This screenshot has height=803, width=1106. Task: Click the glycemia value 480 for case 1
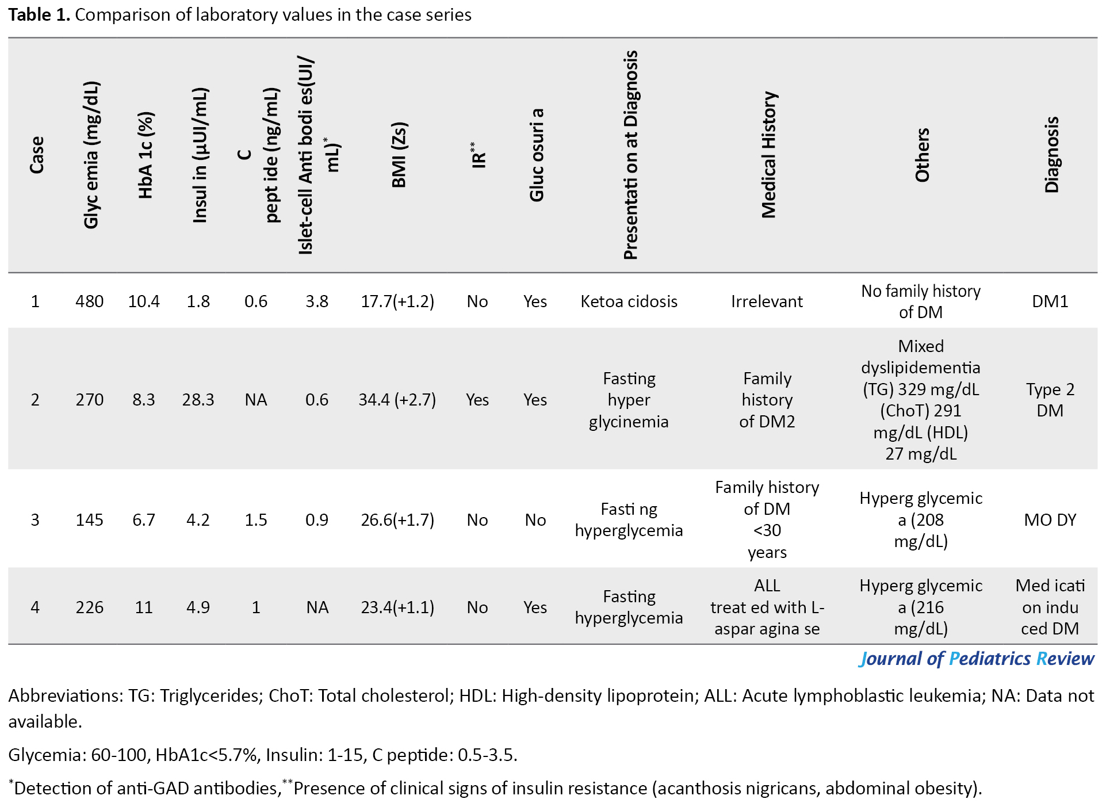tap(89, 301)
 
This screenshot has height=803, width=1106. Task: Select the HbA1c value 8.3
tap(144, 400)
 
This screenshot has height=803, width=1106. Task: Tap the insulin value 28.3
tap(198, 400)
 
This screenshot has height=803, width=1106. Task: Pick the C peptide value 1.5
tap(256, 520)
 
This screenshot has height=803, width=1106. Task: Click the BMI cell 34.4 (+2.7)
tap(397, 400)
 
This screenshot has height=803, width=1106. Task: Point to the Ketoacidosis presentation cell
tap(629, 301)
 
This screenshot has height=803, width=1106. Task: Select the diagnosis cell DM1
tap(1050, 301)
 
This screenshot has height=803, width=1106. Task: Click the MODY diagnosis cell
tap(1050, 520)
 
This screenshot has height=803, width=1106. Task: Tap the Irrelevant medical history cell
tap(767, 301)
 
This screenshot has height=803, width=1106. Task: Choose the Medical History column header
tap(768, 155)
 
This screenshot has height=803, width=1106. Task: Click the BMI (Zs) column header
tap(399, 155)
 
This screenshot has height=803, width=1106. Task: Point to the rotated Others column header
tap(921, 155)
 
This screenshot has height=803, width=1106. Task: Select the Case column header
tap(36, 155)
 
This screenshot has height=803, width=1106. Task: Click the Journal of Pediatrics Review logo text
tap(977, 659)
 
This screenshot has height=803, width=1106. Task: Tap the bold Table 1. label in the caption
tap(39, 14)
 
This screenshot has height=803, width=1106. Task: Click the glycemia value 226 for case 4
tap(89, 607)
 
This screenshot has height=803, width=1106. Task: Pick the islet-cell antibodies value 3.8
tap(317, 301)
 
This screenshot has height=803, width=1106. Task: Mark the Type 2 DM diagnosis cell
tap(1050, 400)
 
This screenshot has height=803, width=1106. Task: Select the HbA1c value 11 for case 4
tap(144, 607)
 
